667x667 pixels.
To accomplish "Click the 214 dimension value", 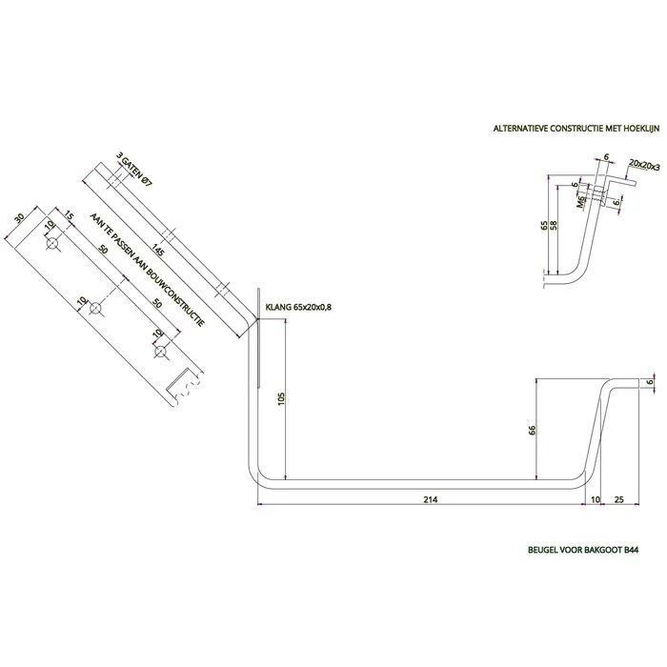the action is (431, 499).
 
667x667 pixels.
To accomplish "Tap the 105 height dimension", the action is (281, 398).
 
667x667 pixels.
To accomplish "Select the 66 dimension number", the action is (532, 430).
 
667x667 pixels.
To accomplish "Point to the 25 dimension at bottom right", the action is (619, 499).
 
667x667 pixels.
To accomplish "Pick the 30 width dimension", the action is (19, 218).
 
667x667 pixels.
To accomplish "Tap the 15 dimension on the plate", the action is (70, 217).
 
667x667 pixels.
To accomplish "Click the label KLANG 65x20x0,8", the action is (298, 307).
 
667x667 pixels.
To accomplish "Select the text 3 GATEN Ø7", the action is (134, 171).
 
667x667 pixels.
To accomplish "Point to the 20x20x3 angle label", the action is (644, 165).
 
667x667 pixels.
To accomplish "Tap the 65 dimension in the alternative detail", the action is (544, 226).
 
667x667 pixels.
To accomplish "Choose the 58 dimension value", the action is (554, 226).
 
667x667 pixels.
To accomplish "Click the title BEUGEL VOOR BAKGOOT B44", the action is (583, 550).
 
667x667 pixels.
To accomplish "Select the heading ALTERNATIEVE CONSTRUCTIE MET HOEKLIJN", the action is (576, 129).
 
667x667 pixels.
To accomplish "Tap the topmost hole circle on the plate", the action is (52, 243).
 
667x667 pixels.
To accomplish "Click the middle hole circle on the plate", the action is (95, 308).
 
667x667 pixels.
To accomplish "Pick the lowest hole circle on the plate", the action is (160, 351).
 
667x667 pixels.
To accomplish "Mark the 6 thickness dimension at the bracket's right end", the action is (650, 381).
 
